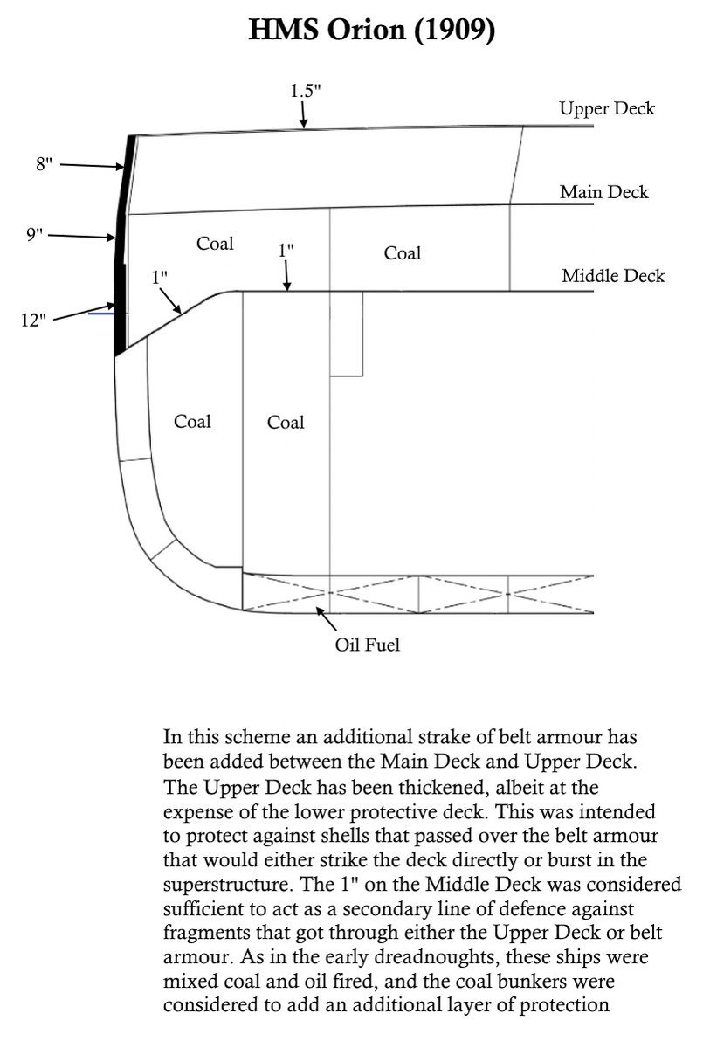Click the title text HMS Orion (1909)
pyautogui.click(x=372, y=32)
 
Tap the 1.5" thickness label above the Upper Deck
pyautogui.click(x=306, y=90)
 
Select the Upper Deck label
pyautogui.click(x=607, y=109)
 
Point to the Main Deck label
pyautogui.click(x=604, y=192)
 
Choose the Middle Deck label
pyautogui.click(x=612, y=277)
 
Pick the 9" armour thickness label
pyautogui.click(x=34, y=235)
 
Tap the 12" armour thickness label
pyautogui.click(x=33, y=321)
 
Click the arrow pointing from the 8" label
pyautogui.click(x=91, y=165)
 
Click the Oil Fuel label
pyautogui.click(x=368, y=647)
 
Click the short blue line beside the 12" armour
pyautogui.click(x=103, y=314)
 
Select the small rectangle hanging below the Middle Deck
pyautogui.click(x=346, y=334)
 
